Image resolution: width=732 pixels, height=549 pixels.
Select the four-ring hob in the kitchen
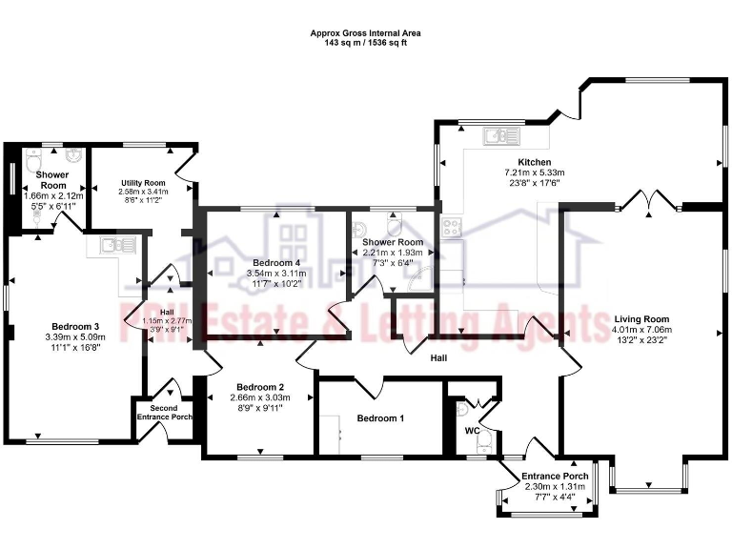pos(450,228)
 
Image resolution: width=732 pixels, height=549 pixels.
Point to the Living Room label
pos(640,319)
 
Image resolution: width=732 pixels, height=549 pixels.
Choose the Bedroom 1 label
pos(380,418)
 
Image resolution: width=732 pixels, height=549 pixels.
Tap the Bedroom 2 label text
pos(256,386)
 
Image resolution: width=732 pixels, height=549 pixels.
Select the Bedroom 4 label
pos(276,262)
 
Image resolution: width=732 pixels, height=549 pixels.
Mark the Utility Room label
pos(143,183)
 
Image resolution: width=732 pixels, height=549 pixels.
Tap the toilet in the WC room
pos(484,439)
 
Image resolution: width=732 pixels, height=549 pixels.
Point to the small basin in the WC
pos(462,408)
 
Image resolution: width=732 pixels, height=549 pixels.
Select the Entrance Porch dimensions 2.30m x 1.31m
pos(555,486)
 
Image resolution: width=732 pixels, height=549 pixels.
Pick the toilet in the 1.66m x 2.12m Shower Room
pos(34,217)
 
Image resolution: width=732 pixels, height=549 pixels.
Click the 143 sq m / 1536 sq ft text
pos(366,44)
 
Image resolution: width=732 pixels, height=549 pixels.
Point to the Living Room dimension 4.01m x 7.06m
pos(640,331)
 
